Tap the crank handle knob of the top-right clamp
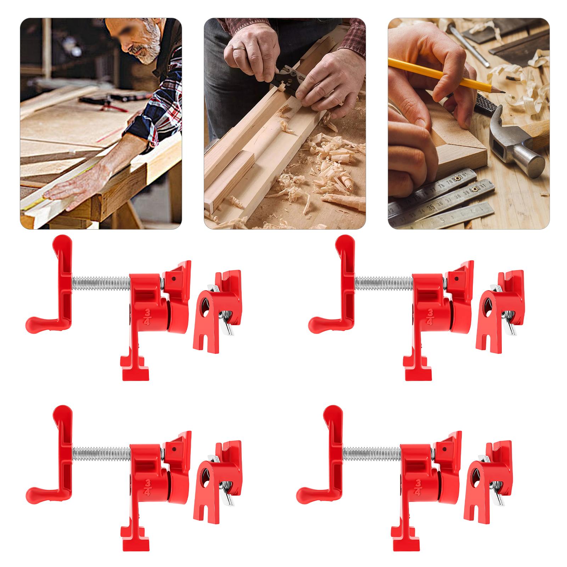pos(316,322)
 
